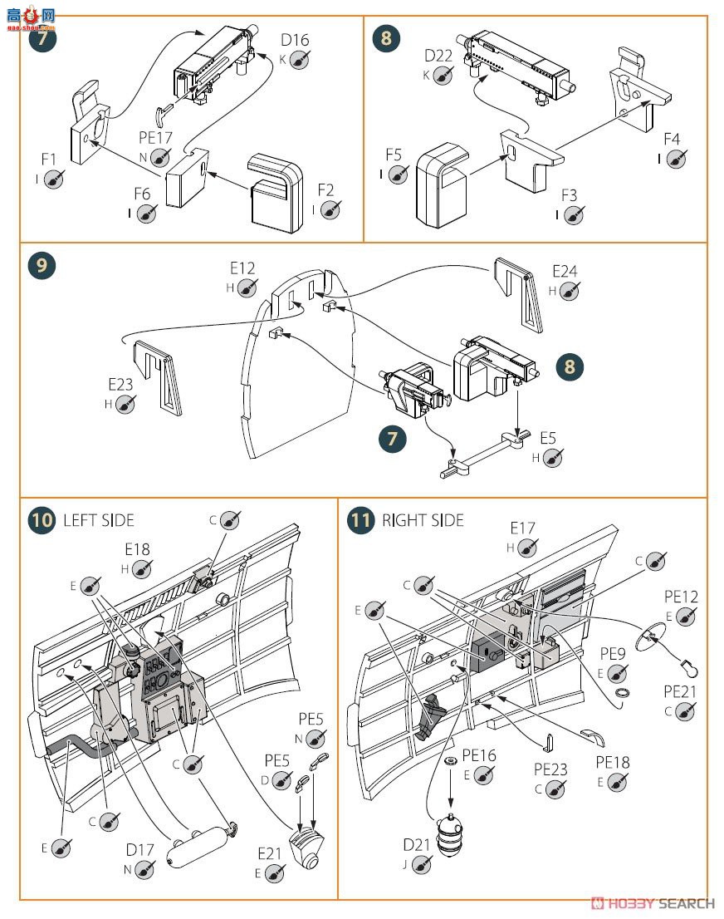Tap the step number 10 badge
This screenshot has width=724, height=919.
(41, 521)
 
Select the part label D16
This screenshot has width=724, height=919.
(294, 40)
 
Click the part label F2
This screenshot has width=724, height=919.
(325, 190)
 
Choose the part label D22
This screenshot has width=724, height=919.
(438, 56)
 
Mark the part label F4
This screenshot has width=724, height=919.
(671, 139)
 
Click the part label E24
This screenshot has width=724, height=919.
(565, 271)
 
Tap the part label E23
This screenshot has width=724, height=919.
(121, 385)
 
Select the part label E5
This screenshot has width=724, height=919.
(548, 437)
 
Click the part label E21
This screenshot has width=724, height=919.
(270, 853)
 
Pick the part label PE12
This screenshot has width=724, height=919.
(681, 596)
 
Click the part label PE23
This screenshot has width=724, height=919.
(550, 769)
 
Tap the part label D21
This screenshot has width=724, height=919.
(417, 845)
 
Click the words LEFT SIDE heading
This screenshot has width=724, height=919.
(98, 521)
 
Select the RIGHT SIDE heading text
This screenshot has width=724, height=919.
(423, 521)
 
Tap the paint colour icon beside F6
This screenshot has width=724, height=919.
(146, 214)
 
